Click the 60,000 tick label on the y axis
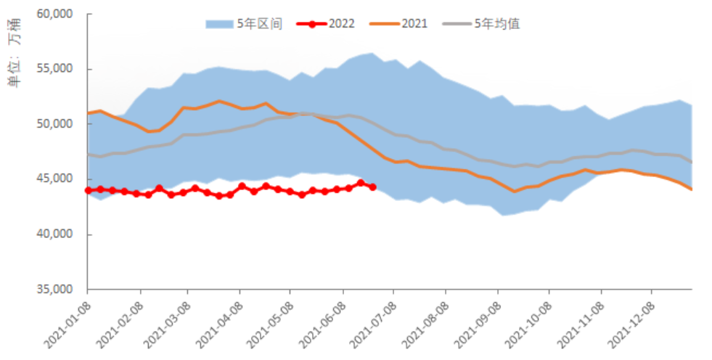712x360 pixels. pos(55,14)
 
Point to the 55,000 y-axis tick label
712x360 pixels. pos(55,69)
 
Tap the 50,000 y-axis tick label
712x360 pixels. pos(55,124)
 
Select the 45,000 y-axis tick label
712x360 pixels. pos(55,179)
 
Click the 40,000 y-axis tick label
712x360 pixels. pos(55,234)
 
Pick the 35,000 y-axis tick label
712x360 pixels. pos(55,290)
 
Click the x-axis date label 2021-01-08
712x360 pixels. pos(65,319)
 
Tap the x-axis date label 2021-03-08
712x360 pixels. pos(165,319)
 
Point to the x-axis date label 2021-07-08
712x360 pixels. pos(371,319)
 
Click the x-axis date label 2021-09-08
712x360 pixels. pos(475,319)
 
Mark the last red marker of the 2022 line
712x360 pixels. pos(372,187)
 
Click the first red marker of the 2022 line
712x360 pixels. pos(88,190)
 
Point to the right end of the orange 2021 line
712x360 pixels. pos(691,189)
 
